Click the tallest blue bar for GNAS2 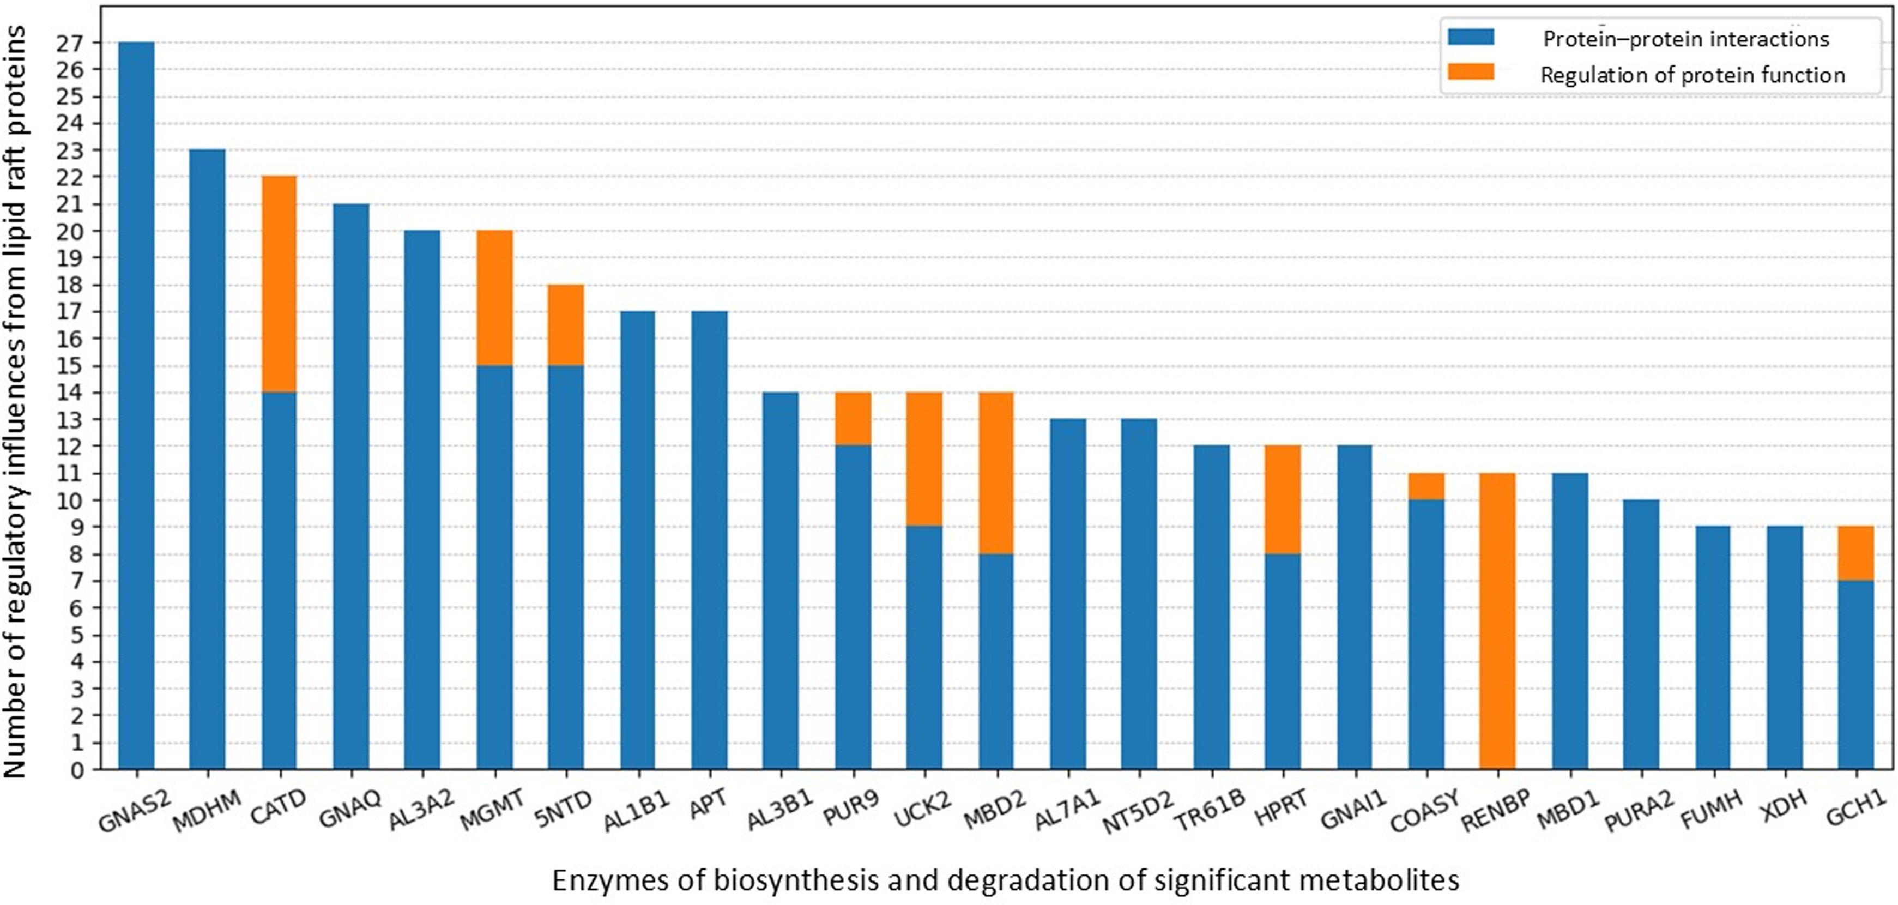[136, 405]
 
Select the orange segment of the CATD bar [279, 283]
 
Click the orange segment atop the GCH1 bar [1855, 553]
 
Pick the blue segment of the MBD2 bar [996, 661]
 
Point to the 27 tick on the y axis [70, 43]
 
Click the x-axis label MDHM [208, 810]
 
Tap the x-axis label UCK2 [922, 810]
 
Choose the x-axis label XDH [1783, 807]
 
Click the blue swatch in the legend [1471, 37]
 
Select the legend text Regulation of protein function [1693, 75]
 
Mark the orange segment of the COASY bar [1426, 486]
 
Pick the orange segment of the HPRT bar [1283, 499]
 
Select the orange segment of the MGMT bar [494, 298]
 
